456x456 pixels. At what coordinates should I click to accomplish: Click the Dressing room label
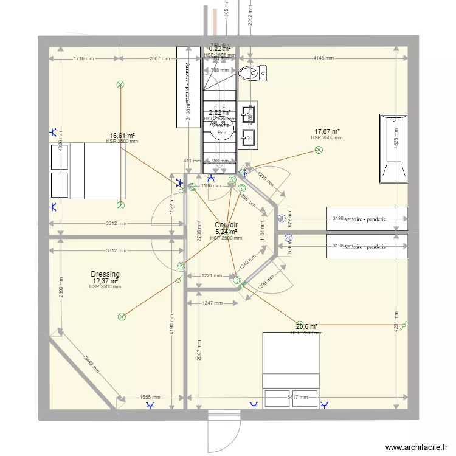point(105,274)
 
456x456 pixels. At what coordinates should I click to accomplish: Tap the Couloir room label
point(226,225)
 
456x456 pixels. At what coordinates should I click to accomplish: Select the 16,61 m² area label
point(122,136)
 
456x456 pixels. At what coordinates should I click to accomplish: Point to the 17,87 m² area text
point(326,131)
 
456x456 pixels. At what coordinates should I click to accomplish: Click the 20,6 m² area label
point(306,326)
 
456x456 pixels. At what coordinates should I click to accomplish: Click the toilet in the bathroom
point(252,74)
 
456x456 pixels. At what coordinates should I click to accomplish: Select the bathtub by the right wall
point(393,148)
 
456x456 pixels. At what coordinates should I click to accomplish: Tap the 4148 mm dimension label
point(323,58)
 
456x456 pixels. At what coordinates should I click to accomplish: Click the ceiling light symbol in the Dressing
point(122,316)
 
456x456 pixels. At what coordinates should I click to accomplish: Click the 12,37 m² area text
point(105,281)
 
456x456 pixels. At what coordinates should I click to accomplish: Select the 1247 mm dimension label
point(212,303)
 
